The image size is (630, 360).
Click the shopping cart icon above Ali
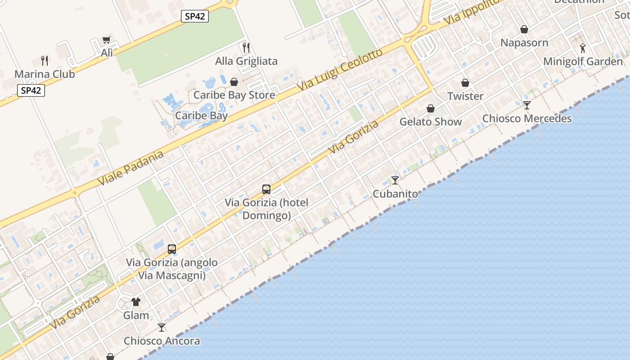click(x=106, y=40)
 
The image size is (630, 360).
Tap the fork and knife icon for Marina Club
click(x=45, y=61)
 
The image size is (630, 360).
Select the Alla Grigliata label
click(x=246, y=61)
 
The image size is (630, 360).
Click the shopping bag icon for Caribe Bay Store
click(x=234, y=82)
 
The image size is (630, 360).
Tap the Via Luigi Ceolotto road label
click(x=340, y=70)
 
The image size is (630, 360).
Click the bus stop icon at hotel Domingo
click(x=266, y=189)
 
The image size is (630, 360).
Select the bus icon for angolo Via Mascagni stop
click(x=172, y=249)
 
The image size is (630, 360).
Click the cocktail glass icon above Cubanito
click(x=395, y=180)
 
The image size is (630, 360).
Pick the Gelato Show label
click(x=431, y=122)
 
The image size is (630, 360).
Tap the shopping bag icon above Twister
click(x=465, y=83)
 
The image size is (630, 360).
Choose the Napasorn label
click(x=524, y=43)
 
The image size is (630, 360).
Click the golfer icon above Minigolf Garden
click(x=583, y=48)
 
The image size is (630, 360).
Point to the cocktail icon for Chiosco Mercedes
click(x=527, y=105)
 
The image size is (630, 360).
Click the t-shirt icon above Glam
click(x=136, y=302)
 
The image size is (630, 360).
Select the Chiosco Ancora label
click(x=162, y=341)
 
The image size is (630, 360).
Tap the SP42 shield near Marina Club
click(x=31, y=90)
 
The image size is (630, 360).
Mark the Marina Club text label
click(x=45, y=74)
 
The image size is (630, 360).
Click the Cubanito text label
click(x=395, y=194)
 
